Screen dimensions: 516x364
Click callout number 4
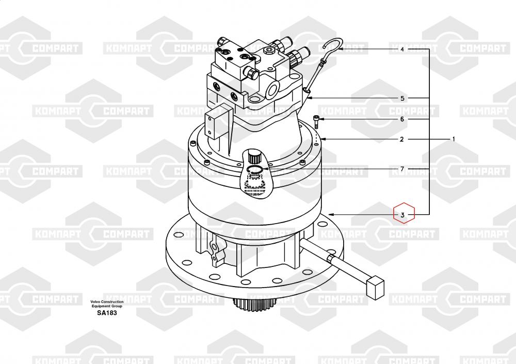point(402,50)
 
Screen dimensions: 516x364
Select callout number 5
point(402,98)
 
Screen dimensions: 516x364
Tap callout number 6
point(402,119)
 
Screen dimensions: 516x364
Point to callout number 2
point(401,139)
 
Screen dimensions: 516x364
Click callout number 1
point(454,139)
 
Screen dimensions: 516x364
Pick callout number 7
point(402,169)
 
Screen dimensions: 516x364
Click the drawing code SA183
point(107,312)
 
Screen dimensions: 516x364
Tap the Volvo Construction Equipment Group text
point(107,304)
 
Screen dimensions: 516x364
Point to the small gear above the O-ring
point(254,156)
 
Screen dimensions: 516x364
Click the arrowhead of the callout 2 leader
point(323,139)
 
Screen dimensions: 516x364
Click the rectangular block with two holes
point(214,124)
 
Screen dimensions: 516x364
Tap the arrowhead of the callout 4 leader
point(340,50)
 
